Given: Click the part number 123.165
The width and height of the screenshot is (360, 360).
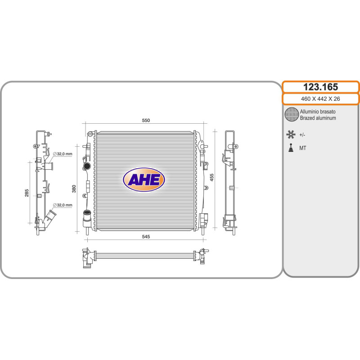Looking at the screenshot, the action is [320, 87].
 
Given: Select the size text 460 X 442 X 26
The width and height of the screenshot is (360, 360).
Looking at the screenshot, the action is [320, 99].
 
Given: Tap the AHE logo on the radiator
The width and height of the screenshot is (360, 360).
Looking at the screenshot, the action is [144, 180].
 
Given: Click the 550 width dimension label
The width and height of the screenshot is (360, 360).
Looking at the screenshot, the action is [146, 120].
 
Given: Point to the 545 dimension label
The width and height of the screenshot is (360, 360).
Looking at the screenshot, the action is [146, 237].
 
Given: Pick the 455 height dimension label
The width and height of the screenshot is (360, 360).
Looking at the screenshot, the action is [211, 177].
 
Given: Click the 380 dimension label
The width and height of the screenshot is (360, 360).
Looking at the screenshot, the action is [74, 189].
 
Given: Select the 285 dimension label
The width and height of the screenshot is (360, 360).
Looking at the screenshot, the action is [27, 193].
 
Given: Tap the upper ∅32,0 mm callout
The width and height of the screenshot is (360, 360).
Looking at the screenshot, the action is [63, 154].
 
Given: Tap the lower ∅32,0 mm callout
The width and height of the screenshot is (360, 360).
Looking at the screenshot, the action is [63, 205].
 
